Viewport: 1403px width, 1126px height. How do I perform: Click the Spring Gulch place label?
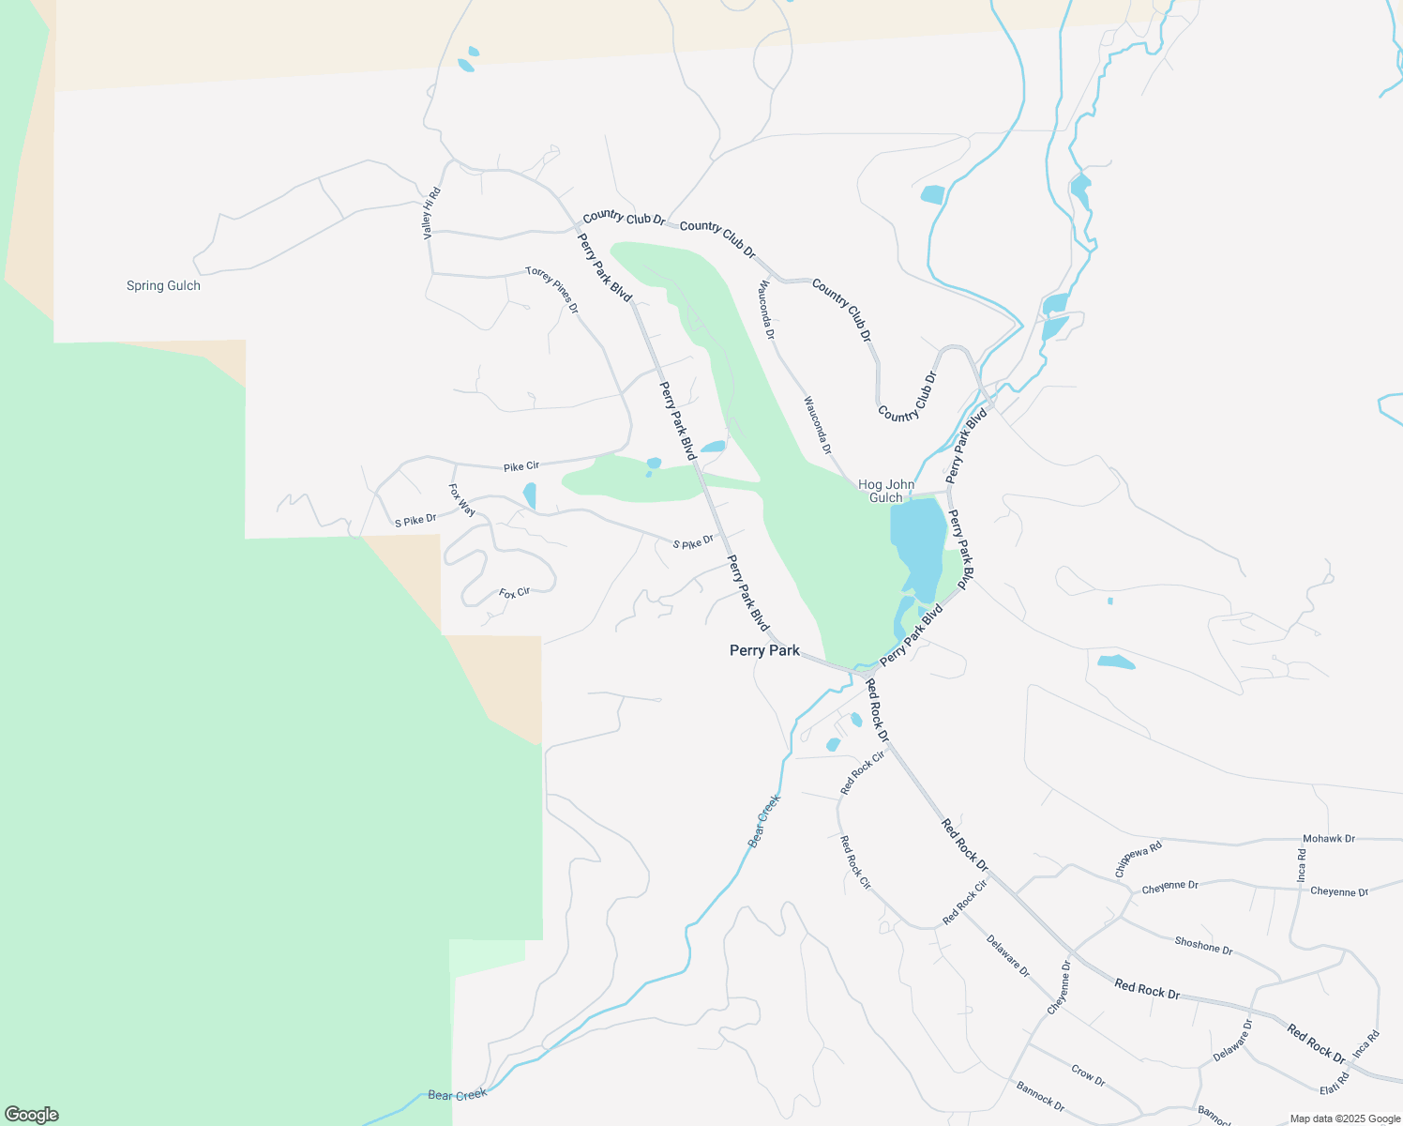(x=163, y=285)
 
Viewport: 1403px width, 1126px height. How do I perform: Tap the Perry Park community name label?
(x=764, y=650)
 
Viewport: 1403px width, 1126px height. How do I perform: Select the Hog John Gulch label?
(x=885, y=492)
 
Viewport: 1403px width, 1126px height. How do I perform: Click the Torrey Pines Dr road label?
(x=552, y=290)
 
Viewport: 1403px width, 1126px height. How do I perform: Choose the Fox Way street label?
(x=461, y=500)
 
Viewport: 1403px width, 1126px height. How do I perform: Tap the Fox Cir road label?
(x=514, y=593)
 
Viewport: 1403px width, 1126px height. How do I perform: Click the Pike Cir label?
(x=520, y=466)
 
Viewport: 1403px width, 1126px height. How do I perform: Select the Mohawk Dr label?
(x=1328, y=839)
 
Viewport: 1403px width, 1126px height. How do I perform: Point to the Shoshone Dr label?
(x=1203, y=946)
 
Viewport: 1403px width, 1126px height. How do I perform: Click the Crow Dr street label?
(x=1088, y=1075)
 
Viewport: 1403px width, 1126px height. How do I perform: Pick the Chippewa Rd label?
(x=1139, y=859)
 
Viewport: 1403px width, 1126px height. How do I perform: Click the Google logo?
(x=32, y=1115)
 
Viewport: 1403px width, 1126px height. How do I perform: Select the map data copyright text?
(x=1345, y=1118)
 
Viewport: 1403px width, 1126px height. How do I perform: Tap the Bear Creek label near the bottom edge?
(x=458, y=1095)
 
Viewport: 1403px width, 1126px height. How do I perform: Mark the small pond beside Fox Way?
(x=530, y=495)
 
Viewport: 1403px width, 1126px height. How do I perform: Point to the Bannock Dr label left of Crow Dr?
(x=1040, y=1096)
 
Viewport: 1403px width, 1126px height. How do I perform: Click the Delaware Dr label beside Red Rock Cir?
(x=1007, y=956)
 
